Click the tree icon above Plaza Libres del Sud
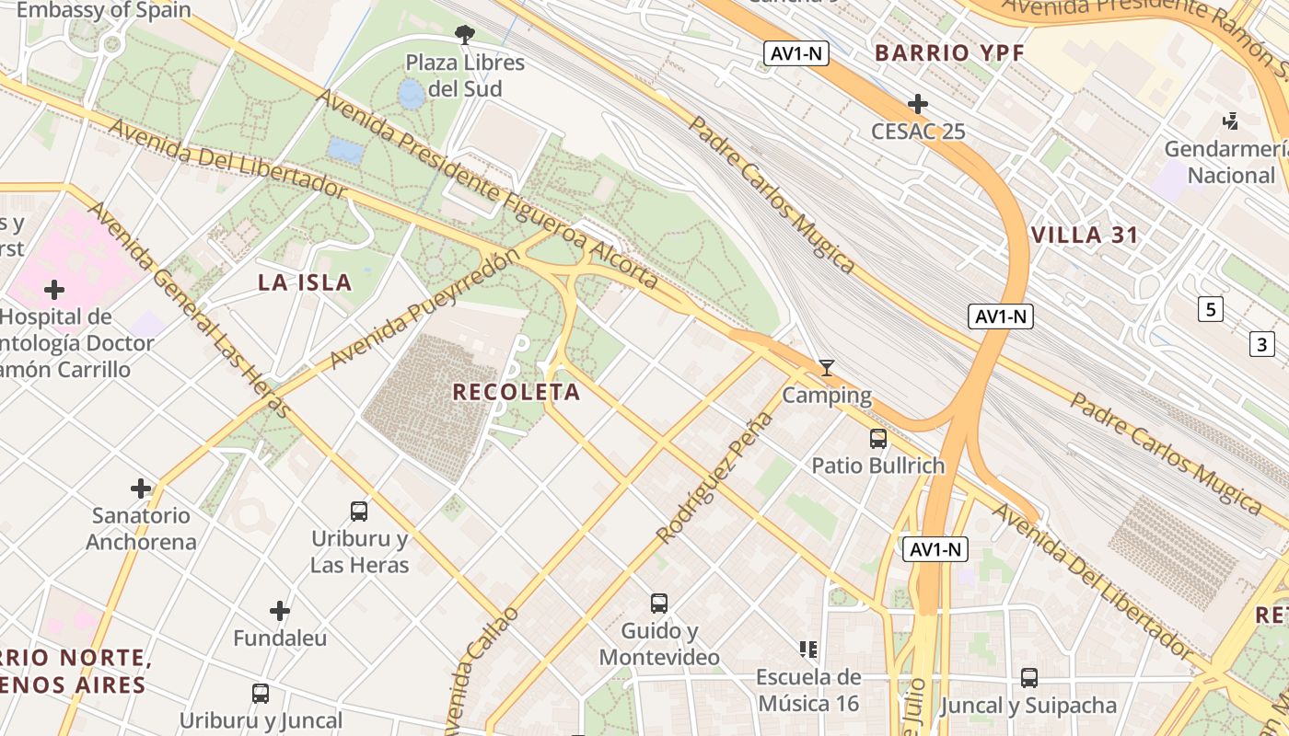click(465, 35)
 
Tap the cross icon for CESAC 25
click(917, 104)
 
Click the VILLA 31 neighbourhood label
click(1085, 235)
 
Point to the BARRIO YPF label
click(949, 53)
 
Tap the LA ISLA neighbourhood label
click(305, 282)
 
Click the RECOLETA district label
click(517, 392)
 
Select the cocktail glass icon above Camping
click(827, 368)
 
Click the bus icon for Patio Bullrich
click(878, 439)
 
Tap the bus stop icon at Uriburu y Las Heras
click(359, 512)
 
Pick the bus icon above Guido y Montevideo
click(659, 604)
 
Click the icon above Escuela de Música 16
click(808, 650)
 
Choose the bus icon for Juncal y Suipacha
click(1029, 678)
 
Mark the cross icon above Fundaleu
click(280, 611)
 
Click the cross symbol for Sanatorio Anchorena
click(141, 488)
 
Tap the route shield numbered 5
click(1211, 309)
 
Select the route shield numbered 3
click(1261, 345)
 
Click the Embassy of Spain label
click(103, 11)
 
